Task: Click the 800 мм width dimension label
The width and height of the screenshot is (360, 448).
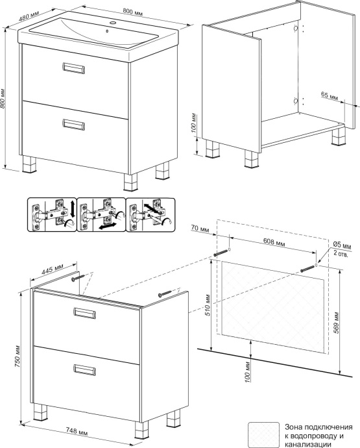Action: pyautogui.click(x=133, y=12)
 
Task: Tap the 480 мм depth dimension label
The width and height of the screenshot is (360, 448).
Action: pyautogui.click(x=29, y=15)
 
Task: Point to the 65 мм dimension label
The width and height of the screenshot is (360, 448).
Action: pyautogui.click(x=330, y=95)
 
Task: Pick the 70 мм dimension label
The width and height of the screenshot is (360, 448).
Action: pyautogui.click(x=200, y=229)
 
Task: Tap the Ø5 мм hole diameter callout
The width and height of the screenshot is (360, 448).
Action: pyautogui.click(x=342, y=245)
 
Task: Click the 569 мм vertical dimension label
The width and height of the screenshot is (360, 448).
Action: pyautogui.click(x=337, y=322)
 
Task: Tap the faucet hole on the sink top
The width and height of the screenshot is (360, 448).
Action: pyautogui.click(x=113, y=22)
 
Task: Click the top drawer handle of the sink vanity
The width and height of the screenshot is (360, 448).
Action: pyautogui.click(x=73, y=68)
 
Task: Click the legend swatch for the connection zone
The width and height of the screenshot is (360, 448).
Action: pyautogui.click(x=264, y=434)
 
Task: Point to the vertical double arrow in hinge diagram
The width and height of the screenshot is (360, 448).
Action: pyautogui.click(x=72, y=209)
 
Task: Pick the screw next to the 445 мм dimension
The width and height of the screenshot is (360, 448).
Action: pyautogui.click(x=78, y=277)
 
